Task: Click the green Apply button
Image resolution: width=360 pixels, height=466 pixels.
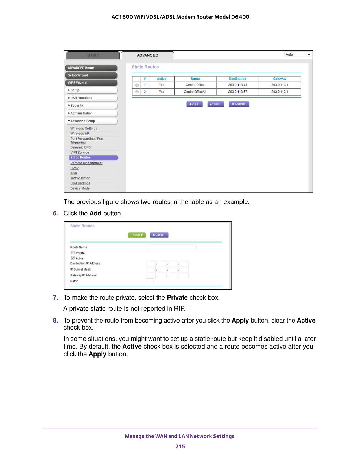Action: [137, 235]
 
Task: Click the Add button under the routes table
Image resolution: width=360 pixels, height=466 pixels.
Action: [194, 104]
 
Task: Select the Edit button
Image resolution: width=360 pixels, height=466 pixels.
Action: [215, 104]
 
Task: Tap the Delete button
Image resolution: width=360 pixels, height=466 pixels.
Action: [239, 104]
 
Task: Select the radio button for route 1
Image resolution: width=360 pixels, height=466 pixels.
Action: [137, 85]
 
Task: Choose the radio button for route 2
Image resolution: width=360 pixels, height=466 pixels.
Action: [137, 92]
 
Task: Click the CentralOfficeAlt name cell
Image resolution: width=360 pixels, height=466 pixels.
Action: [195, 92]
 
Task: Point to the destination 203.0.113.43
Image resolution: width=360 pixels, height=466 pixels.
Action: [237, 85]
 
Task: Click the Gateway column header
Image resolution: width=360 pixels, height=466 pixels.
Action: [280, 79]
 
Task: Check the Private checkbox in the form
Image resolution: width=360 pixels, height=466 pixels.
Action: [73, 253]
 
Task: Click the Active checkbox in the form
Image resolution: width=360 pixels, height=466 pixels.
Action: [73, 258]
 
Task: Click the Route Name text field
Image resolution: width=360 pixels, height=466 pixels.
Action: [171, 247]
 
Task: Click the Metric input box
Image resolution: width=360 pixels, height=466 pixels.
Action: [150, 281]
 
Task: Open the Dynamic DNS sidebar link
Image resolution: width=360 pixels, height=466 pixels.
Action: [80, 147]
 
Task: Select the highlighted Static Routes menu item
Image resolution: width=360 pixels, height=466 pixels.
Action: [93, 158]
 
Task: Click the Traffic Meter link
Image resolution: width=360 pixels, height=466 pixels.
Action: [80, 178]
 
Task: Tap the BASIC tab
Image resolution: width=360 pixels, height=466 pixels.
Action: [93, 55]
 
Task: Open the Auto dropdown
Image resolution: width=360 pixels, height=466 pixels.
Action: [298, 55]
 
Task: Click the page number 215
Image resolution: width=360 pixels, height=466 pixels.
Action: [180, 447]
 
